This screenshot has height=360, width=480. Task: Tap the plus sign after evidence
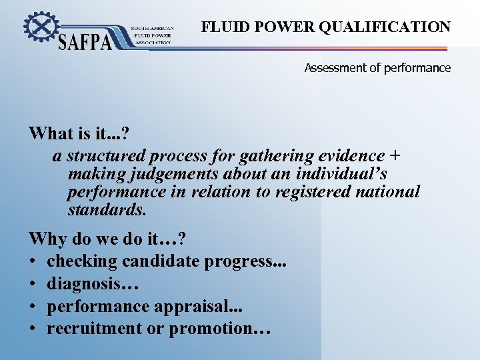coord(395,156)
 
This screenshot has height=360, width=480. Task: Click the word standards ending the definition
coord(106,210)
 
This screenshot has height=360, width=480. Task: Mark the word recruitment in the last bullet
coord(97,329)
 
